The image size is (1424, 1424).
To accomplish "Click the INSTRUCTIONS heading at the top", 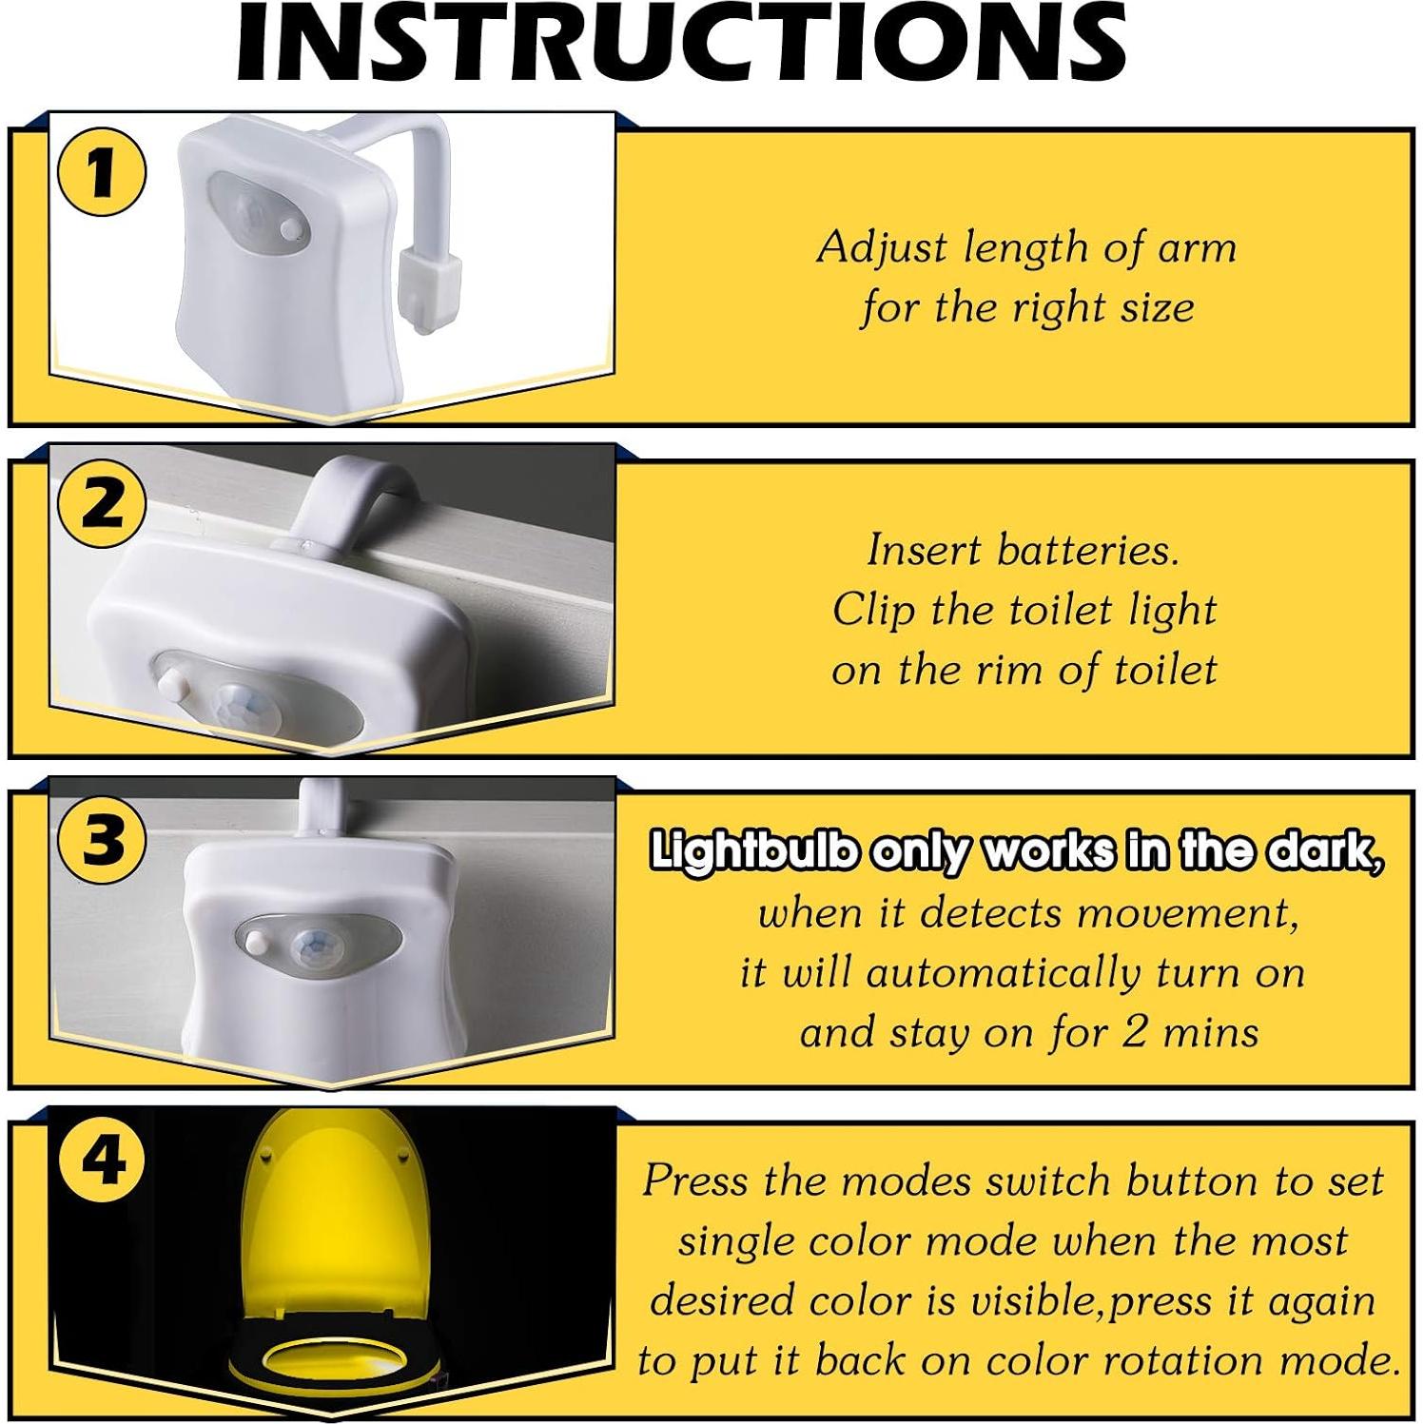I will [x=681, y=43].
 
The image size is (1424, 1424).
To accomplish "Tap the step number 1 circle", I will [x=102, y=175].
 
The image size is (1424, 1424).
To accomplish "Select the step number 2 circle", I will [x=102, y=503].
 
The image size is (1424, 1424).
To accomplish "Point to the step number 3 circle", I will [x=102, y=841].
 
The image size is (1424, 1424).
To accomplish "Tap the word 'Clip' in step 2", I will [x=873, y=611].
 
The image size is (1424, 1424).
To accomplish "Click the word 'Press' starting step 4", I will [x=695, y=1181].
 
